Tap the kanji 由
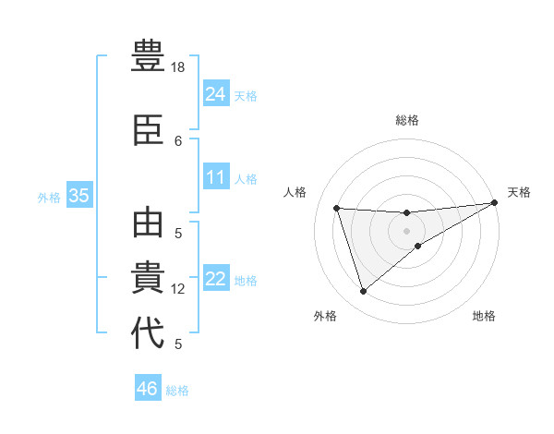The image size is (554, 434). pos(149,225)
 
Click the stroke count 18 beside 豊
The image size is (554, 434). pos(178,67)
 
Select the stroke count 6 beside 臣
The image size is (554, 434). pos(178,140)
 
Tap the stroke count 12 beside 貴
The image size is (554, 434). pos(178,289)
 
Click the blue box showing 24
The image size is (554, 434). pos(215,93)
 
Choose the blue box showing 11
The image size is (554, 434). pos(215,177)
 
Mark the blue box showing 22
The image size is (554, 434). pos(215,279)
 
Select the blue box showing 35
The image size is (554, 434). pos(78,196)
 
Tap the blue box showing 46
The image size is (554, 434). pos(147,389)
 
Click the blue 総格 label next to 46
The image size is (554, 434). pos(177,391)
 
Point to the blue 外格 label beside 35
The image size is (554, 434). pos(49,197)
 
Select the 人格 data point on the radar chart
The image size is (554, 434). pos(337,209)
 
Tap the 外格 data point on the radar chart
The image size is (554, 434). pos(363,292)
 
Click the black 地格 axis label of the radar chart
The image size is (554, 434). pos(484,317)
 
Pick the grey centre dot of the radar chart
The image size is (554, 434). pos(406,230)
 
